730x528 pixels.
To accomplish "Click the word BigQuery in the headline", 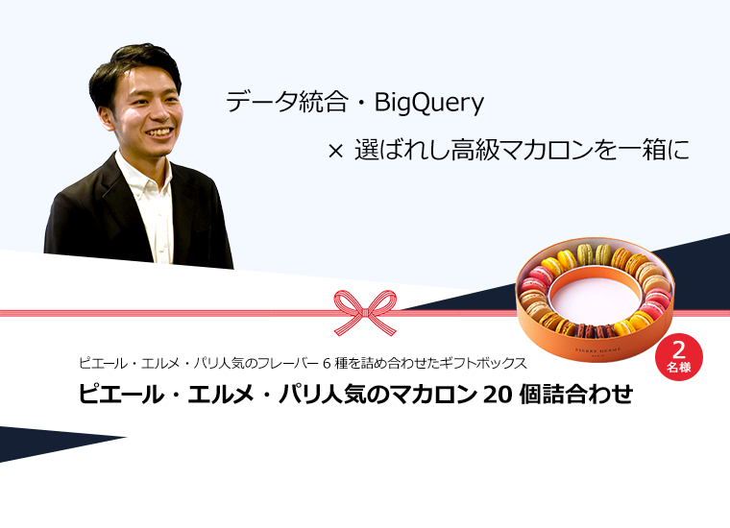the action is coord(428,102).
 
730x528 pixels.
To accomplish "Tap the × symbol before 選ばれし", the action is coord(335,151).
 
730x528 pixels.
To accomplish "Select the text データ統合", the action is coord(287,102).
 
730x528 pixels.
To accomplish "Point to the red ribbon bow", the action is coord(365,313).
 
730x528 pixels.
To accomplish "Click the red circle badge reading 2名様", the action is coord(679,357).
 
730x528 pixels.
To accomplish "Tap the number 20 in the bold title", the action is coord(498,395).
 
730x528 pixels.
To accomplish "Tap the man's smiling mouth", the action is coord(158,133).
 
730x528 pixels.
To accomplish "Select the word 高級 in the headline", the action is coord(474,151).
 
